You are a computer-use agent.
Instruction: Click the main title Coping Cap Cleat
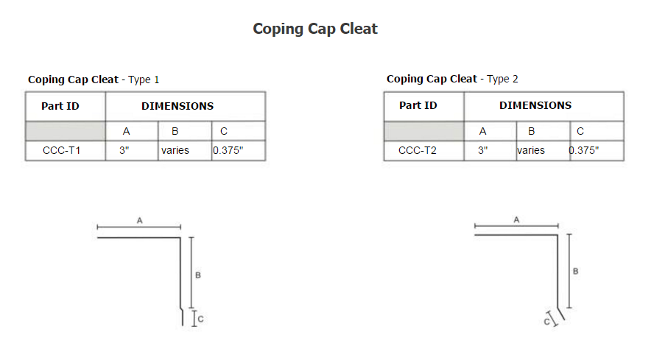[x=315, y=29]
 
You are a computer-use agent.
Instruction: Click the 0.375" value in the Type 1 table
[x=228, y=150]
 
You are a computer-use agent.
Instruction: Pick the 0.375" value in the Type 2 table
[x=583, y=150]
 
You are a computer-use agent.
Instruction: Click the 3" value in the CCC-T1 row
[x=124, y=150]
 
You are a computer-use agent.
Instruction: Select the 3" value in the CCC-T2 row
[x=482, y=150]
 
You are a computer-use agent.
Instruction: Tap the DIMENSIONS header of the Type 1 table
[x=177, y=106]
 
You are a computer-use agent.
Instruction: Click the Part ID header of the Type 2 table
[x=418, y=105]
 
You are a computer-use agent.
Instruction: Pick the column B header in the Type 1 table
[x=175, y=131]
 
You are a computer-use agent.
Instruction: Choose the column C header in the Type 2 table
[x=580, y=131]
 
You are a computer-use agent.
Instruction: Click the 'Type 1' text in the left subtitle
[x=144, y=80]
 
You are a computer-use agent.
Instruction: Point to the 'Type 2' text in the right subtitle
[x=502, y=79]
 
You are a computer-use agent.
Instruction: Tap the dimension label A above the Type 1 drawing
[x=140, y=220]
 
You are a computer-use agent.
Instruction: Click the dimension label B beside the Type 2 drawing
[x=576, y=271]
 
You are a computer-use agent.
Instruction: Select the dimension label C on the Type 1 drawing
[x=200, y=319]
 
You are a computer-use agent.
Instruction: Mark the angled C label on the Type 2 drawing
[x=546, y=322]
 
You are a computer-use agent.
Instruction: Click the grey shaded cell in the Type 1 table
[x=66, y=131]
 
